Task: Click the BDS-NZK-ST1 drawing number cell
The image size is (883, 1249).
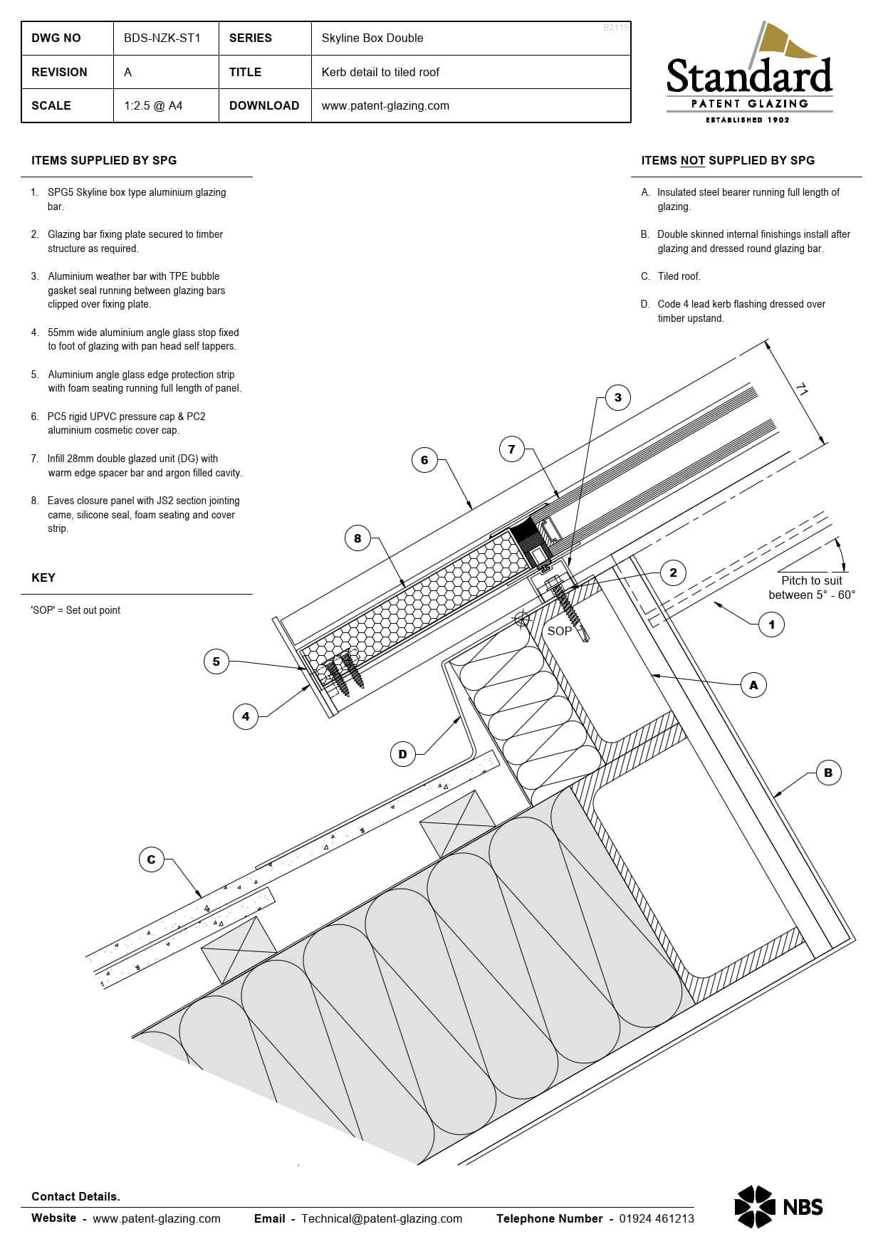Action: tap(162, 38)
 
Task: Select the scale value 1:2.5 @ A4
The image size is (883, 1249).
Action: tap(153, 106)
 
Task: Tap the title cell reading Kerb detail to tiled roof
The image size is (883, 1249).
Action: tap(380, 73)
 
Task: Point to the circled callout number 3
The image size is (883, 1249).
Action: tap(617, 398)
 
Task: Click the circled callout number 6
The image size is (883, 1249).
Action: tap(424, 460)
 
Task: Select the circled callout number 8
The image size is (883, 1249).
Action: tap(357, 538)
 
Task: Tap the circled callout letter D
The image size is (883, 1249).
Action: tap(402, 754)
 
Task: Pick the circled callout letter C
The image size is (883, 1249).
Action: tap(151, 859)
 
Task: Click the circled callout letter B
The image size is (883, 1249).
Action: tap(828, 773)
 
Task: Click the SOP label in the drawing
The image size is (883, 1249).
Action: tap(559, 631)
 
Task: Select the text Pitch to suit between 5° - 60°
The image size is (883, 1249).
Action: tap(811, 588)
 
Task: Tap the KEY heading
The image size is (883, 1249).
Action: tap(43, 578)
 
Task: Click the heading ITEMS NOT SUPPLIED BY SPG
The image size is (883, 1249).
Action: tap(728, 161)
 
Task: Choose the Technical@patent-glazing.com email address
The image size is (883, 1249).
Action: tap(381, 1218)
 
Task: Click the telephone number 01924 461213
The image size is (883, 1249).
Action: tap(656, 1218)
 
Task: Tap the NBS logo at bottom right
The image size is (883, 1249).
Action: tap(778, 1206)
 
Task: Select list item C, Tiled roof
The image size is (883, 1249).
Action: tap(679, 276)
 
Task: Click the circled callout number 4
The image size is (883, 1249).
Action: tap(246, 716)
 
